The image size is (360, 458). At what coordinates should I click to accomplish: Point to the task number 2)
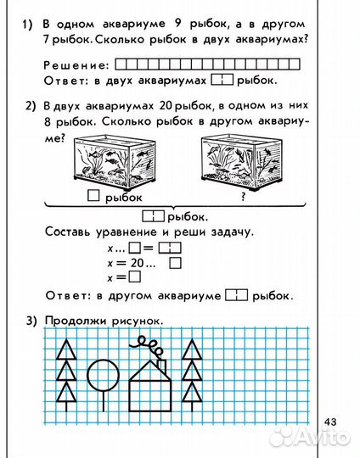coord(31,107)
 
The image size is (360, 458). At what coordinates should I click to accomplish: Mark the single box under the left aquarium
coord(93,198)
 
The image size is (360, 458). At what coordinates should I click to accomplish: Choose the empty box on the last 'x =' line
coord(136,277)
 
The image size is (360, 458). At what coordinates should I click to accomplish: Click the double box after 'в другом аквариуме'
coord(237,296)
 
